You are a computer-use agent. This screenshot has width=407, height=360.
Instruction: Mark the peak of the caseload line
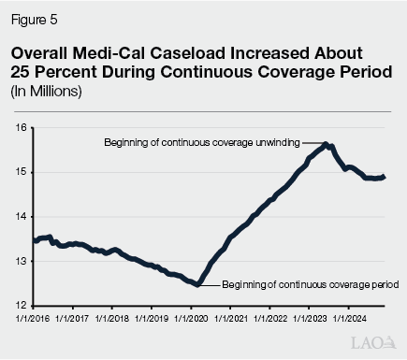(324, 143)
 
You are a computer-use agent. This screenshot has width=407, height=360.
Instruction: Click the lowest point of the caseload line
(196, 284)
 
